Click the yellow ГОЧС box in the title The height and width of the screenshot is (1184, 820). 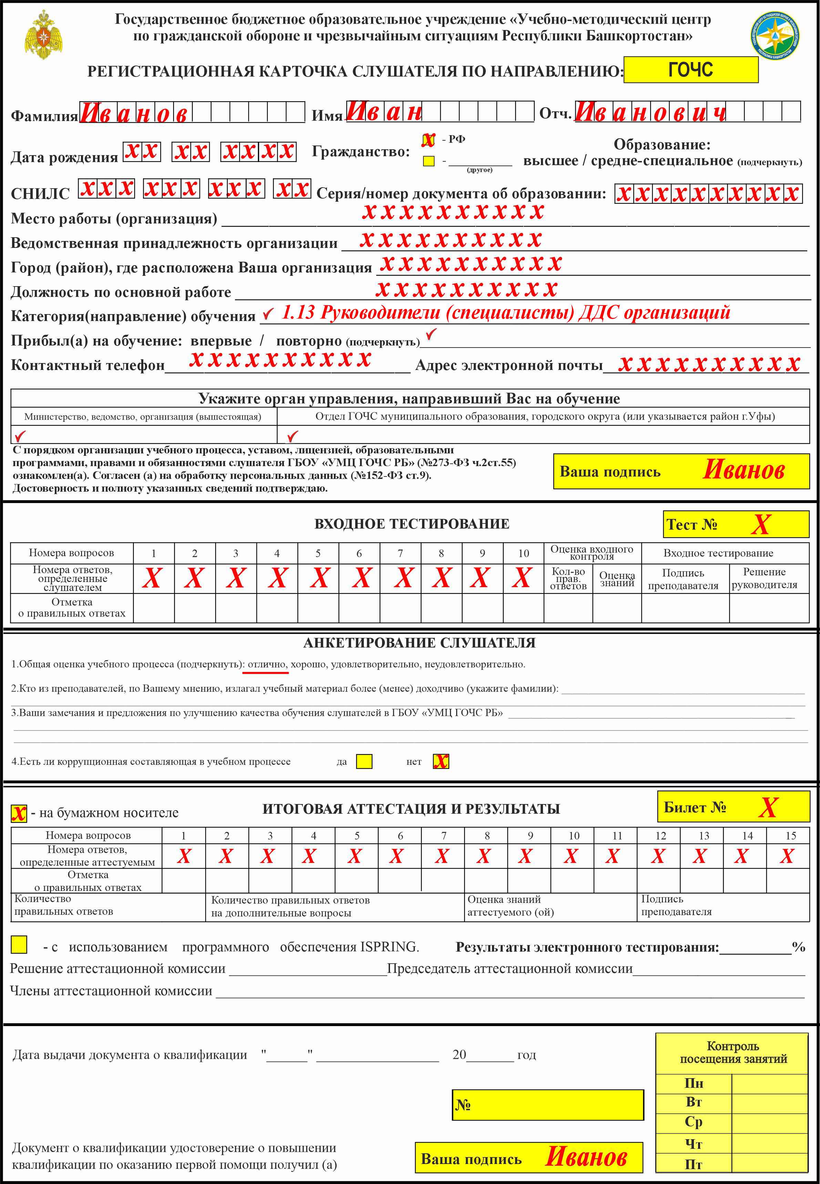tap(690, 69)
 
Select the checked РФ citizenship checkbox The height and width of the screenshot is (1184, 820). tap(428, 140)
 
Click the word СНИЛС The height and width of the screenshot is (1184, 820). tap(40, 194)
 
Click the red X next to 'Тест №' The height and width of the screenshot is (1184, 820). tap(760, 524)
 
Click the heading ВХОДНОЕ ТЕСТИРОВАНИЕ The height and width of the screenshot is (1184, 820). tap(411, 524)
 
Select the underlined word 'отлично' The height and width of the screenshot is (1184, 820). tap(267, 664)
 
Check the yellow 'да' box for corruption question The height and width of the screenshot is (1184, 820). tap(364, 761)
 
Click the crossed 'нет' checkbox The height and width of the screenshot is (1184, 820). tap(441, 761)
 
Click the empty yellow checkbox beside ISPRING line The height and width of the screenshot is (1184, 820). tap(19, 944)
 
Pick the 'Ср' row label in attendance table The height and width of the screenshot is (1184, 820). tap(693, 1122)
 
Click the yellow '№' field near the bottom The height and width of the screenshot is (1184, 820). tap(548, 1105)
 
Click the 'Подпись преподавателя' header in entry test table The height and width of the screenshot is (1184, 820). tap(683, 579)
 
